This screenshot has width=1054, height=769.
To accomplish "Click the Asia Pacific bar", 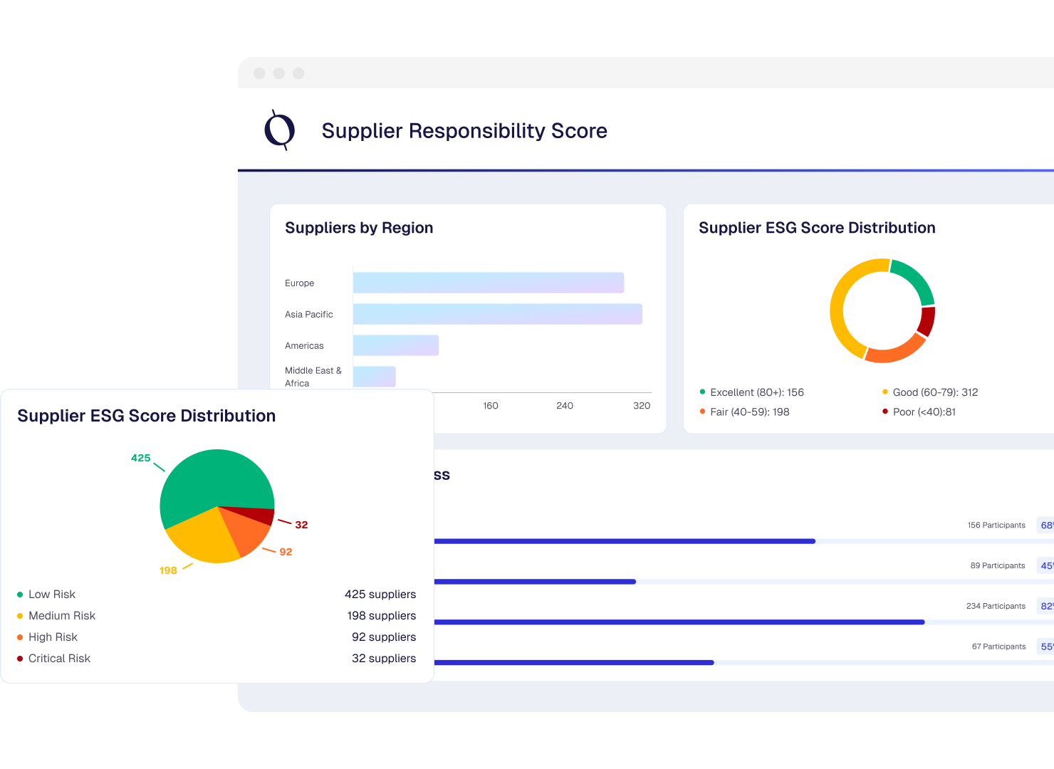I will point(497,314).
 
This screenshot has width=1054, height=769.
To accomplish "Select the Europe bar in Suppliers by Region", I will point(489,283).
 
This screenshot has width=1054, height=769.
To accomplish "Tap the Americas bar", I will point(396,345).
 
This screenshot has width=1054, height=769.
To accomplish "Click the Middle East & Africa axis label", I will point(313,377).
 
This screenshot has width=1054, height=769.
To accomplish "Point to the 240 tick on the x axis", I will point(565,406).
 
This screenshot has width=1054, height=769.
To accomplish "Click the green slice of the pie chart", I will point(214,477).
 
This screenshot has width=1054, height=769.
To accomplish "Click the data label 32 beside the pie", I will point(301,525).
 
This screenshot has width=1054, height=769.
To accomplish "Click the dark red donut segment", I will point(927,320).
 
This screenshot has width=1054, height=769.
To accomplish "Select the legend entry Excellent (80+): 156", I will point(756,392).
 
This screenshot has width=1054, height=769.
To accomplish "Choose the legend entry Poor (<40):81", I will point(924,412).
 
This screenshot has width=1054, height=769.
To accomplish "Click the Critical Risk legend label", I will point(59,659).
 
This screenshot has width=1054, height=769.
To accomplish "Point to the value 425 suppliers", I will point(380,595).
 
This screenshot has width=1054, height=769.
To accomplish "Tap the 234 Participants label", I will point(996,606).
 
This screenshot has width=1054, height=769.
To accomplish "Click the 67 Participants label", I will point(998,647).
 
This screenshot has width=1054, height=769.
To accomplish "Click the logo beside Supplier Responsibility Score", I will point(280,130).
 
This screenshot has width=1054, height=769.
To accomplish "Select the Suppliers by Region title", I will point(359,228).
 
